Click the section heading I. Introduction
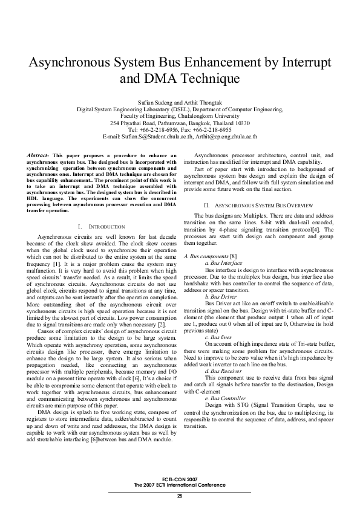click(x=102, y=225)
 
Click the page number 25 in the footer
click(x=180, y=496)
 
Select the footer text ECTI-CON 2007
click(x=180, y=479)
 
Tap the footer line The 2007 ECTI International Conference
click(x=180, y=485)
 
